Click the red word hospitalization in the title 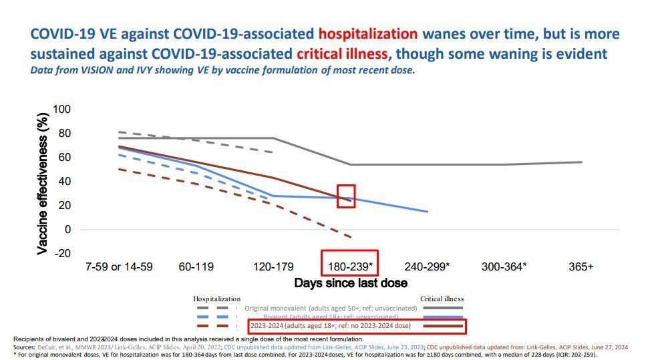(369, 34)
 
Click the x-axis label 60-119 (196, 266)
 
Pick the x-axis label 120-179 (273, 266)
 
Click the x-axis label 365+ (580, 266)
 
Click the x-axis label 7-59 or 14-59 (119, 266)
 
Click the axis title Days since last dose (351, 283)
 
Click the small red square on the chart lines (346, 196)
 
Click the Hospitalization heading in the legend (216, 299)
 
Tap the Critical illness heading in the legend (442, 299)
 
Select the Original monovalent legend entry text (331, 308)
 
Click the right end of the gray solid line (581, 162)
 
